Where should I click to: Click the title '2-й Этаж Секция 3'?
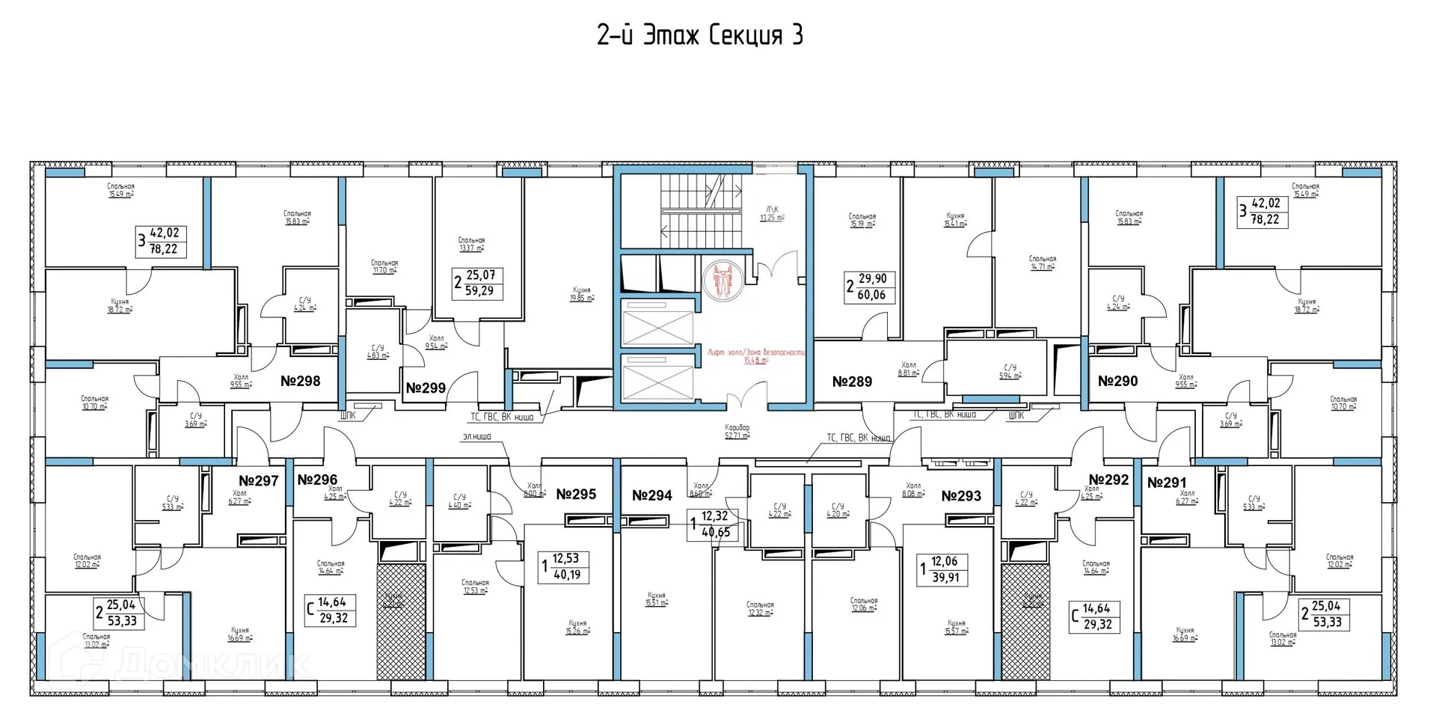click(700, 35)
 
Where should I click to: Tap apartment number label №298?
click(300, 381)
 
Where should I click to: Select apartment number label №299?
click(426, 388)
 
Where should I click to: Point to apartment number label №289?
click(852, 382)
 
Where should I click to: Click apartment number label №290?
click(1117, 381)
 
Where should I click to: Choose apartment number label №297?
click(258, 480)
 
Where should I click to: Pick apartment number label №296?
click(317, 480)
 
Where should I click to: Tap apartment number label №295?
click(576, 494)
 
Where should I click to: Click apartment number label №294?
click(651, 495)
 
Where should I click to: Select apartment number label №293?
click(961, 495)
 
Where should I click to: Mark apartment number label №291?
click(1167, 483)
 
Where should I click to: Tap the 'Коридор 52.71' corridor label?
click(737, 432)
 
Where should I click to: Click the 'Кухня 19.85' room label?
click(582, 293)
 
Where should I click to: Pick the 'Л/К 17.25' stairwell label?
click(772, 213)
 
